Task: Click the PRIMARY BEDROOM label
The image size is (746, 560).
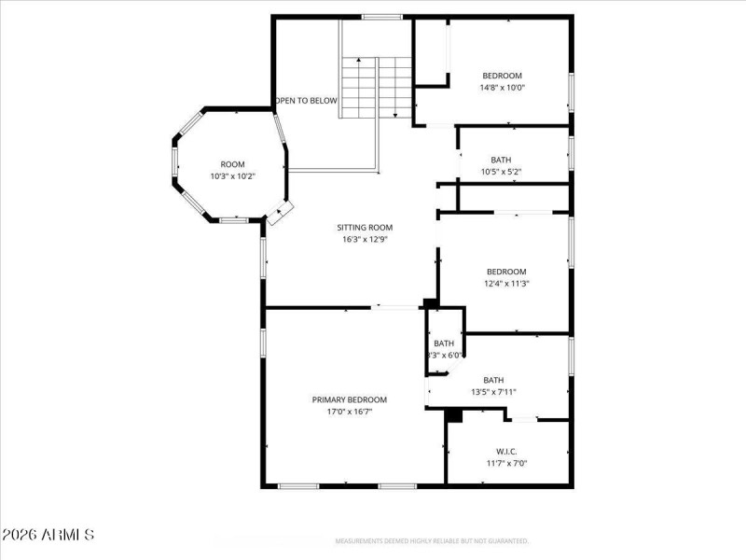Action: click(x=349, y=399)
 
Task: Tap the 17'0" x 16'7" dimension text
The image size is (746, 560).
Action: click(x=349, y=412)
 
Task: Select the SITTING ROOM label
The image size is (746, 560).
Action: click(x=364, y=227)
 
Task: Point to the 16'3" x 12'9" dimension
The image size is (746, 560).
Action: click(x=364, y=239)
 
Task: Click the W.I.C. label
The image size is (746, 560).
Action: click(x=506, y=451)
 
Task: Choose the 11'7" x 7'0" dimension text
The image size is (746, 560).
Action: click(x=506, y=463)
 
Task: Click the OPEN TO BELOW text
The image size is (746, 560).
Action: click(x=306, y=101)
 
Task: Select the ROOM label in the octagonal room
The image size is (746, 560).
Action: click(x=232, y=164)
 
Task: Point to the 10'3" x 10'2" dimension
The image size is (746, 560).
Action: click(x=232, y=176)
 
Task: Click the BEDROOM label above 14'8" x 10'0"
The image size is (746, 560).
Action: click(x=502, y=76)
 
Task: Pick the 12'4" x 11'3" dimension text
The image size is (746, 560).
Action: click(x=505, y=284)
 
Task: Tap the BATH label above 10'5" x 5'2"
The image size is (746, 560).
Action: click(x=501, y=160)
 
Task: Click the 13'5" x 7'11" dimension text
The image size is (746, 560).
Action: click(x=493, y=392)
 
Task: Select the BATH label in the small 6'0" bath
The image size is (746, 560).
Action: click(x=443, y=343)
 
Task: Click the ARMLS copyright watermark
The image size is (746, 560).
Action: click(x=48, y=536)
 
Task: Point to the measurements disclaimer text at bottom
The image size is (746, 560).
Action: click(x=433, y=541)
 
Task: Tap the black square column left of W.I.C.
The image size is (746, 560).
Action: click(x=454, y=415)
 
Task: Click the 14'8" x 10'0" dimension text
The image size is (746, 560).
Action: click(x=502, y=88)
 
